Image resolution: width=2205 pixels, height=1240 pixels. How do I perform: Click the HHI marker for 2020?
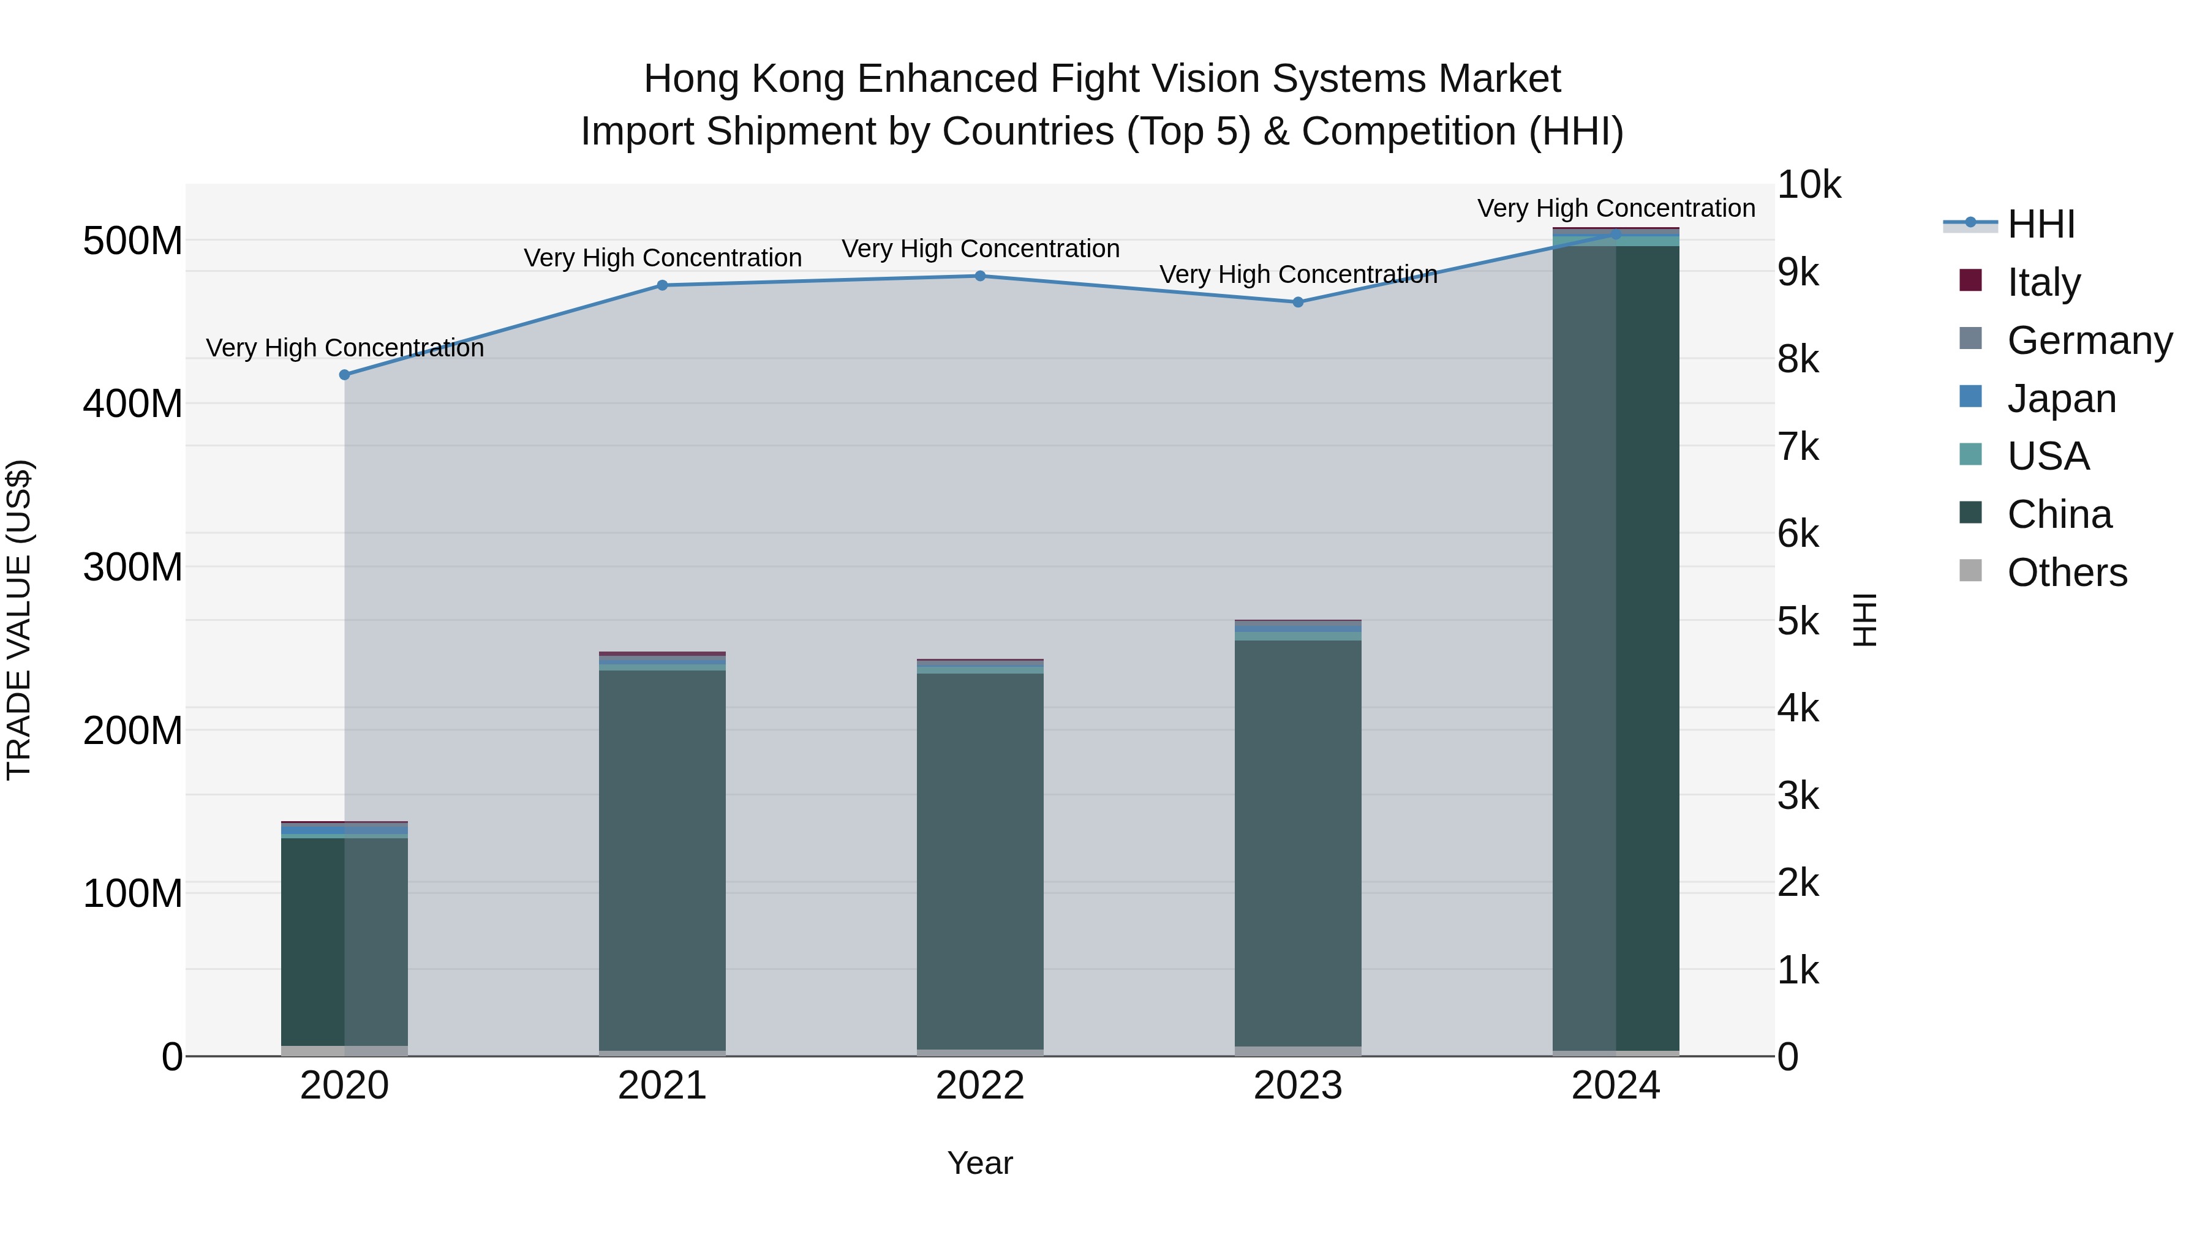coord(345,375)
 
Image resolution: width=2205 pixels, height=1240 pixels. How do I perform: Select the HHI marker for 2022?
coord(980,276)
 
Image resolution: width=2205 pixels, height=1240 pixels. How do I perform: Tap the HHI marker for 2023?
coord(1298,302)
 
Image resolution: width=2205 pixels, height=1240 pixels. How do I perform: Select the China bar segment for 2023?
coord(1298,843)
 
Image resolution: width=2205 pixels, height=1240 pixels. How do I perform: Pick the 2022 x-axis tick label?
coord(980,1086)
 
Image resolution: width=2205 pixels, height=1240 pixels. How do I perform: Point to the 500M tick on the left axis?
coord(133,241)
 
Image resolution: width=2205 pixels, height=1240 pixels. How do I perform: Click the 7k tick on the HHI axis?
coord(1798,447)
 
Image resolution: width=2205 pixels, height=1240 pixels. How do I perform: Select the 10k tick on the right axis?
coord(1809,185)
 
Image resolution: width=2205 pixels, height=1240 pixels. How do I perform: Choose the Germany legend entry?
coord(2089,340)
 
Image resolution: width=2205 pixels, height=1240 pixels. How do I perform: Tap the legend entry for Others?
coord(2067,573)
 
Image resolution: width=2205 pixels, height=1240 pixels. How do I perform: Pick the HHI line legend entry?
coord(2041,224)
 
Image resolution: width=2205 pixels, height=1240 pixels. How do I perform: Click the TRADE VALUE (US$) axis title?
coord(19,620)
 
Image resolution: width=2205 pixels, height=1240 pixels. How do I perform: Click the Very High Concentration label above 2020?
coord(345,348)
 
